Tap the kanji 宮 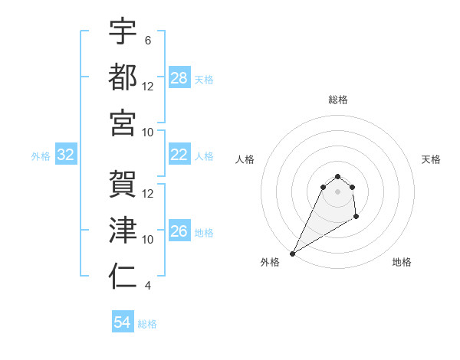pyautogui.click(x=123, y=122)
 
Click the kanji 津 pyautogui.click(x=123, y=230)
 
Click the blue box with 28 pyautogui.click(x=179, y=77)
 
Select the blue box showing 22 pyautogui.click(x=179, y=155)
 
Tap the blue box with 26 pyautogui.click(x=179, y=231)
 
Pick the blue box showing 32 pyautogui.click(x=66, y=155)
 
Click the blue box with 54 pyautogui.click(x=123, y=322)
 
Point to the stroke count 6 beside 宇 pyautogui.click(x=147, y=40)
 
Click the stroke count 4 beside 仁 pyautogui.click(x=147, y=286)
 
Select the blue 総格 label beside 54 pyautogui.click(x=148, y=324)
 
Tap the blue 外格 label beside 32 pyautogui.click(x=41, y=156)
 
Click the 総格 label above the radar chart pyautogui.click(x=337, y=100)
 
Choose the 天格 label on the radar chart pyautogui.click(x=432, y=159)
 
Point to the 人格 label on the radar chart pyautogui.click(x=245, y=159)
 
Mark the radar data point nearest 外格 pyautogui.click(x=292, y=253)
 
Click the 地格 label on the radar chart pyautogui.click(x=402, y=262)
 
